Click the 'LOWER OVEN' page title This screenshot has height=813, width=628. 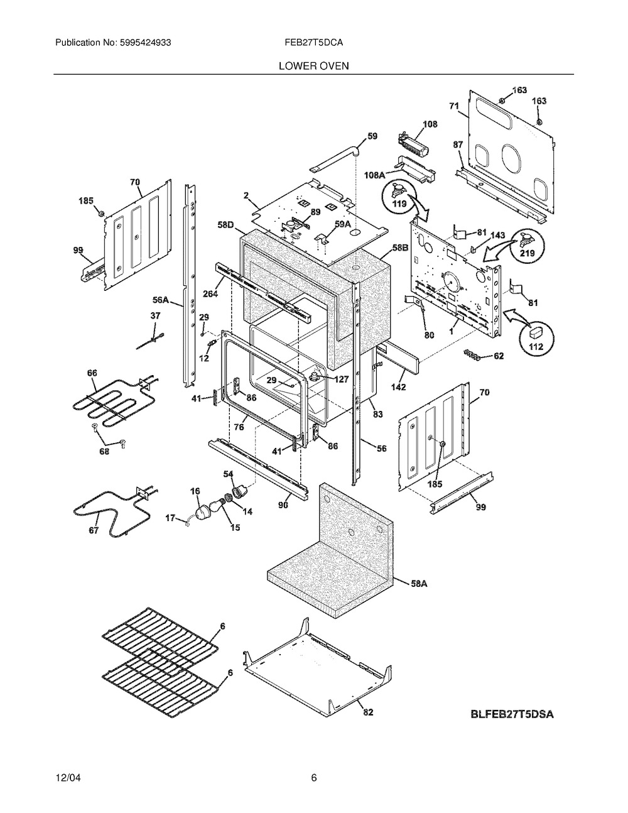click(313, 66)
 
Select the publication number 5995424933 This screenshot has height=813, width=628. click(146, 43)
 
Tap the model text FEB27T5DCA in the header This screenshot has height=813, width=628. click(313, 43)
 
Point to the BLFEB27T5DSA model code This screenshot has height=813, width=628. click(512, 714)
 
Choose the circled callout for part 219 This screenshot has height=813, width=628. click(528, 246)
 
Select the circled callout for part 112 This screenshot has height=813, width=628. click(536, 339)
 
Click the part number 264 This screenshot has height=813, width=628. click(210, 293)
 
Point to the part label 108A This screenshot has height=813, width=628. click(375, 175)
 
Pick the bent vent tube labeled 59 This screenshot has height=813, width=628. click(335, 158)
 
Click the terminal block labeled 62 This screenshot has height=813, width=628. click(472, 354)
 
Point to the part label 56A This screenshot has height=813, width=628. click(161, 300)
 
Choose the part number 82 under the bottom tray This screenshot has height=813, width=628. click(368, 723)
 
